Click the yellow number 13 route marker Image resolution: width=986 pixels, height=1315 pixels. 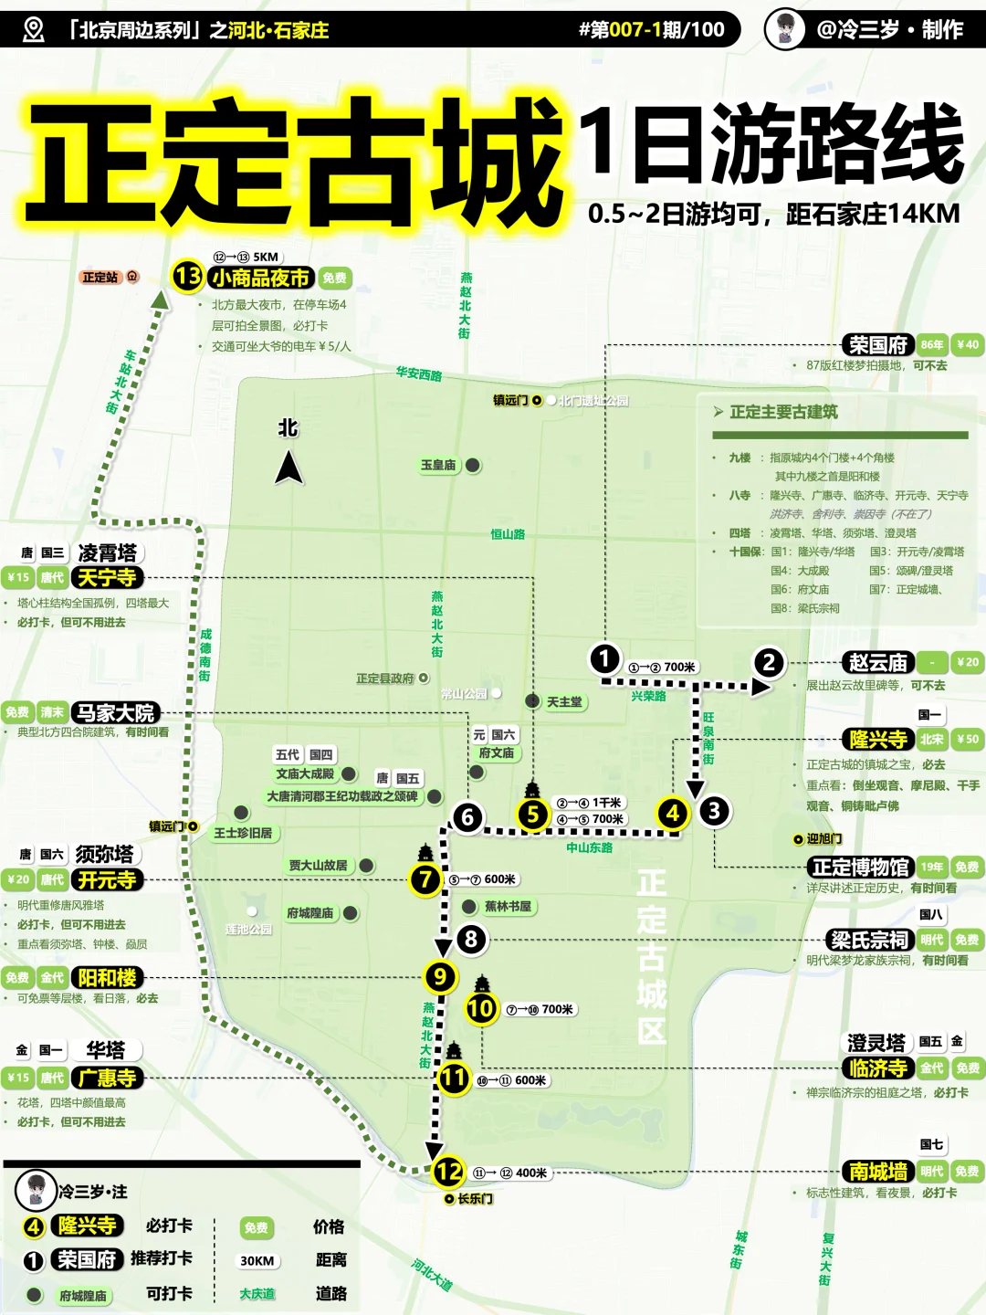pyautogui.click(x=187, y=276)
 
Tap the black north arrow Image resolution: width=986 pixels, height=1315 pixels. pyautogui.click(x=288, y=468)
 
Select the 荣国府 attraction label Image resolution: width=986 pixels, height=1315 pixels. pyautogui.click(x=877, y=345)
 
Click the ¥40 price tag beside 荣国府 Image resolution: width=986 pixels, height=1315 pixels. pyautogui.click(x=967, y=345)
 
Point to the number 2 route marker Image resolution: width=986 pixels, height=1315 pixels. pyautogui.click(x=769, y=663)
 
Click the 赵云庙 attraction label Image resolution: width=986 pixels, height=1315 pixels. pyautogui.click(x=877, y=663)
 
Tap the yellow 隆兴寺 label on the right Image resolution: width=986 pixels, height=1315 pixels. pyautogui.click(x=878, y=740)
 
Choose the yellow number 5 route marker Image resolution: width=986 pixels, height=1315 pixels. pyautogui.click(x=532, y=815)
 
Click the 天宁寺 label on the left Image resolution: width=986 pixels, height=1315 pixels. pyautogui.click(x=107, y=578)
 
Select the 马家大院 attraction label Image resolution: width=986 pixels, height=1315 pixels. pyautogui.click(x=116, y=713)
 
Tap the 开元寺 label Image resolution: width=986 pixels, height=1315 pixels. pyautogui.click(x=107, y=880)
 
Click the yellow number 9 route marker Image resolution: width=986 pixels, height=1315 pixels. pyautogui.click(x=440, y=977)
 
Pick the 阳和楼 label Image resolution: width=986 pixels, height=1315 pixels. pyautogui.click(x=107, y=978)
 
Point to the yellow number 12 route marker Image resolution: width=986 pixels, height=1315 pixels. pyautogui.click(x=448, y=1172)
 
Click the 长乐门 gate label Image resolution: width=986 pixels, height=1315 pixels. pyautogui.click(x=475, y=1199)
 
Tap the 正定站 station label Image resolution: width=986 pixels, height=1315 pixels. pyautogui.click(x=100, y=277)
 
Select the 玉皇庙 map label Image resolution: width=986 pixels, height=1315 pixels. pyautogui.click(x=438, y=466)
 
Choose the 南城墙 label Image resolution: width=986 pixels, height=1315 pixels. pyautogui.click(x=878, y=1172)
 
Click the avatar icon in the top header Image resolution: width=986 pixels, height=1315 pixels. pyautogui.click(x=784, y=29)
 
